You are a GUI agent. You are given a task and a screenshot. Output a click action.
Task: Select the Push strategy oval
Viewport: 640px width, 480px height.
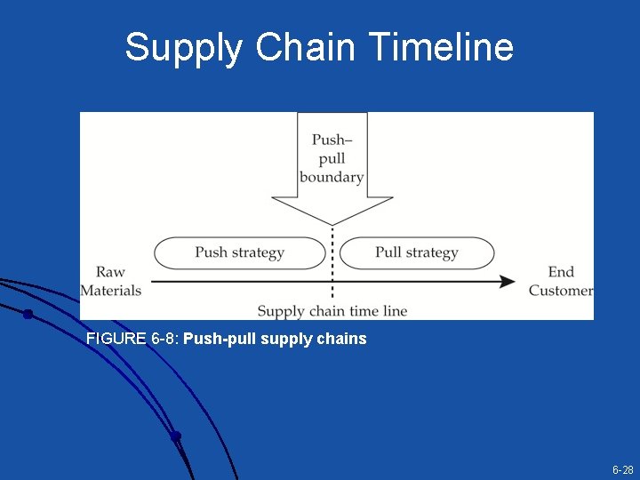tap(239, 252)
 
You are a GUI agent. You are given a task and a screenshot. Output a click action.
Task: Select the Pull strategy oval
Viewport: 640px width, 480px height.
tap(416, 252)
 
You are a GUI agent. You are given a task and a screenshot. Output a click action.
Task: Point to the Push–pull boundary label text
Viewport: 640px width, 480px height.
tap(332, 158)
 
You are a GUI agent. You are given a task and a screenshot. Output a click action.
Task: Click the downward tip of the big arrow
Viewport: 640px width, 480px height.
tap(332, 221)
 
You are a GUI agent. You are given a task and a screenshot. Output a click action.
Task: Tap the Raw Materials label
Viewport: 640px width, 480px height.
tap(111, 281)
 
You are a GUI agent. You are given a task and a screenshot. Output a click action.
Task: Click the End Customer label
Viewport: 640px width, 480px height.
tap(560, 281)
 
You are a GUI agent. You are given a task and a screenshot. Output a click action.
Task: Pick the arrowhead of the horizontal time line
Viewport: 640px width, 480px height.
tap(508, 282)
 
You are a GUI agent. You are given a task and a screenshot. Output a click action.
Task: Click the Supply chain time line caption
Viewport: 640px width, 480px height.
tap(332, 310)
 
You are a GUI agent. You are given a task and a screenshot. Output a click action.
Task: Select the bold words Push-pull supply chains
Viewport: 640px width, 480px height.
tap(275, 339)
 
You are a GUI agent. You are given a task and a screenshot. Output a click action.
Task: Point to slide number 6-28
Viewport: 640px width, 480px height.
tap(622, 469)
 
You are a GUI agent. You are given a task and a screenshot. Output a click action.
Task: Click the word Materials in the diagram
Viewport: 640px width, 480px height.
tap(111, 291)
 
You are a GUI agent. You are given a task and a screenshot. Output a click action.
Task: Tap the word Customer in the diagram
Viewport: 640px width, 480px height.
tap(561, 291)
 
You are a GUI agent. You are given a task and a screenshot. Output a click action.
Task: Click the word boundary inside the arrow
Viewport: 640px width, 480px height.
tap(332, 177)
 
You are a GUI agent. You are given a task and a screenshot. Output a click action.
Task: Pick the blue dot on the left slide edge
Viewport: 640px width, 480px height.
tap(28, 314)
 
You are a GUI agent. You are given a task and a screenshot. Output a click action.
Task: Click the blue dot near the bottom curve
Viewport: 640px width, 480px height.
tap(176, 436)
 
